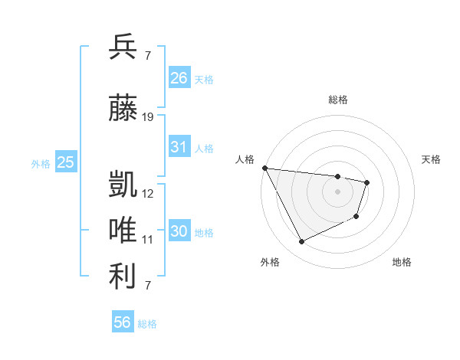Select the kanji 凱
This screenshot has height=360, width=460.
123,185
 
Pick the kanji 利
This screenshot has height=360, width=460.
123,277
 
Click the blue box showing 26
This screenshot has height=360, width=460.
179,78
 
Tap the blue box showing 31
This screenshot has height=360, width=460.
179,147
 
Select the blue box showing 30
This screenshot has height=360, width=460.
179,231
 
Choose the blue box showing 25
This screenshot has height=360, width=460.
65,162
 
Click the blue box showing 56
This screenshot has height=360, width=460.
123,322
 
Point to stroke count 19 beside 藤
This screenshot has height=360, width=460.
148,117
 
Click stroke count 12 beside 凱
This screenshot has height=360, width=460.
148,194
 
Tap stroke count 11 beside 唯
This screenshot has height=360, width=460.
148,240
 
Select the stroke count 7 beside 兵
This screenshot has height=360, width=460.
147,56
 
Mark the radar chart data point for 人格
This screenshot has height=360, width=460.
264,168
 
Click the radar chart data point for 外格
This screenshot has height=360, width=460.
301,242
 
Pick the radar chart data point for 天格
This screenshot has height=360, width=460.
367,182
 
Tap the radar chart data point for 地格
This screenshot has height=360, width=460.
356,217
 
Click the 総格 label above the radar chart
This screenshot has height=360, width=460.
337,100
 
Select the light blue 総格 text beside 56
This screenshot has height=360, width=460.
147,324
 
